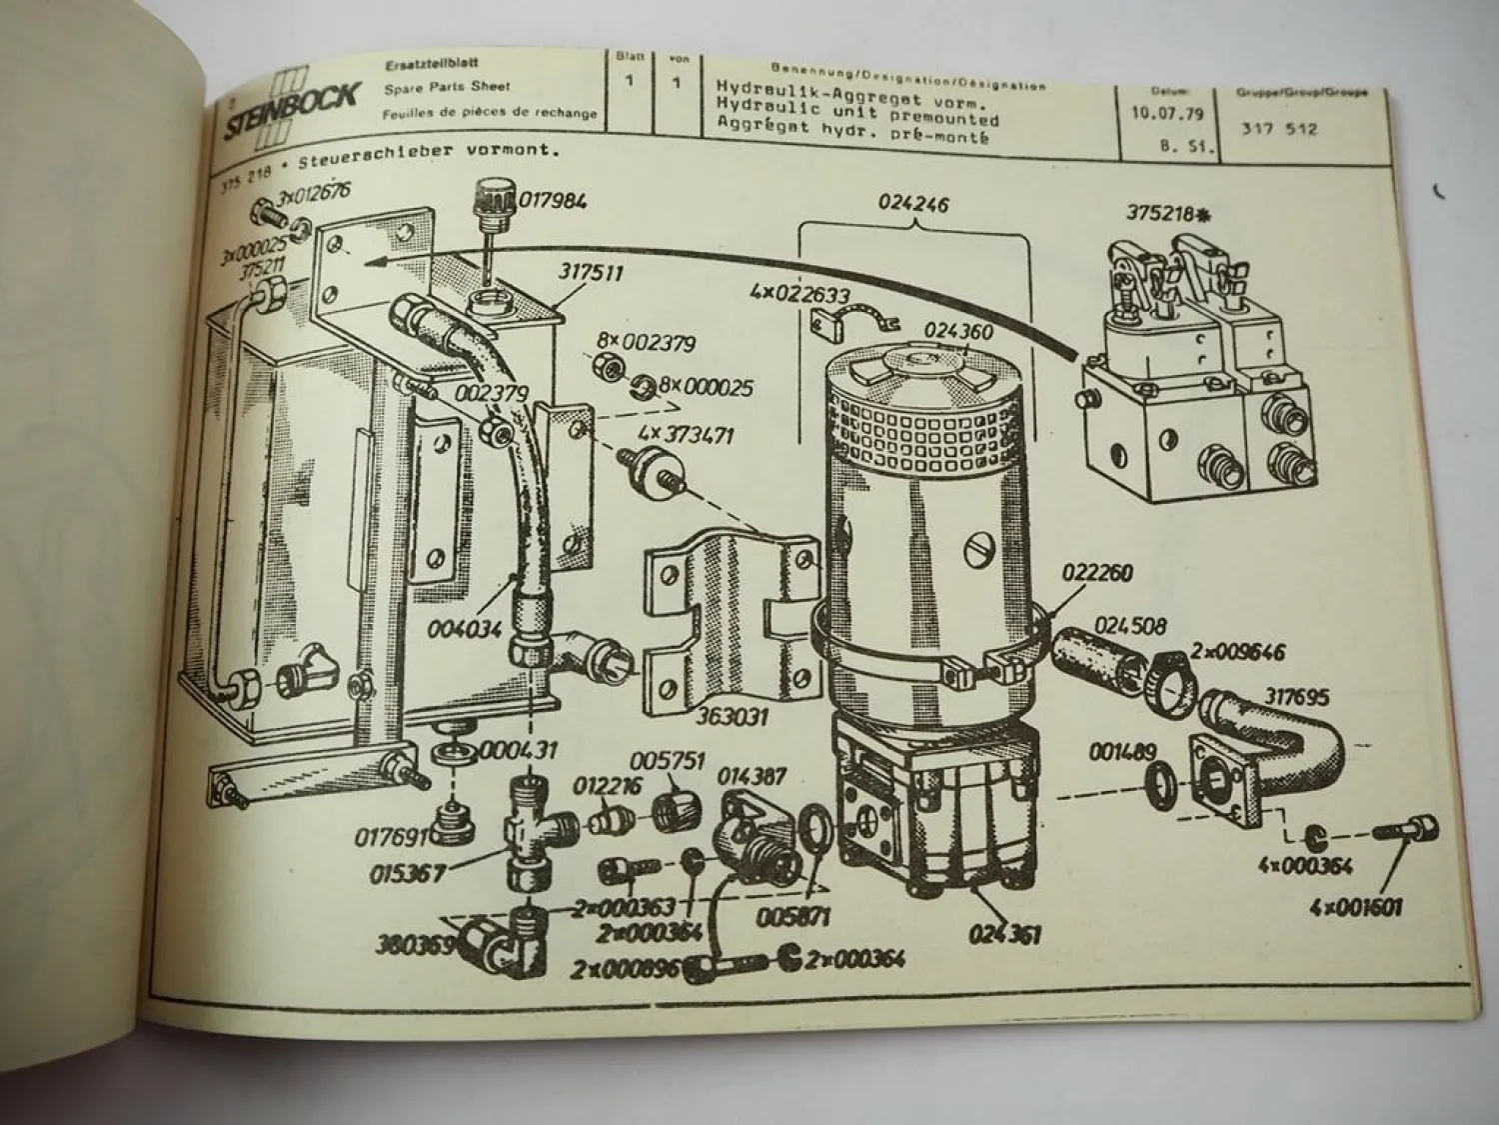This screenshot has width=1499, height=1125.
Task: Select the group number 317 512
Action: [1279, 129]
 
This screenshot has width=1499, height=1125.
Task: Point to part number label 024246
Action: [912, 205]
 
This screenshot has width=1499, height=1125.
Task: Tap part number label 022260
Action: [1096, 574]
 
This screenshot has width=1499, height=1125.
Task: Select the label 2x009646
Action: [1236, 652]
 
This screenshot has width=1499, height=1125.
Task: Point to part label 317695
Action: [1296, 695]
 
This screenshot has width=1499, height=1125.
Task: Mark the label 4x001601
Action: [1356, 908]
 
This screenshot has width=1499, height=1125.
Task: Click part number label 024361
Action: [1004, 934]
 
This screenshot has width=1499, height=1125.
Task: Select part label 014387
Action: [750, 776]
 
